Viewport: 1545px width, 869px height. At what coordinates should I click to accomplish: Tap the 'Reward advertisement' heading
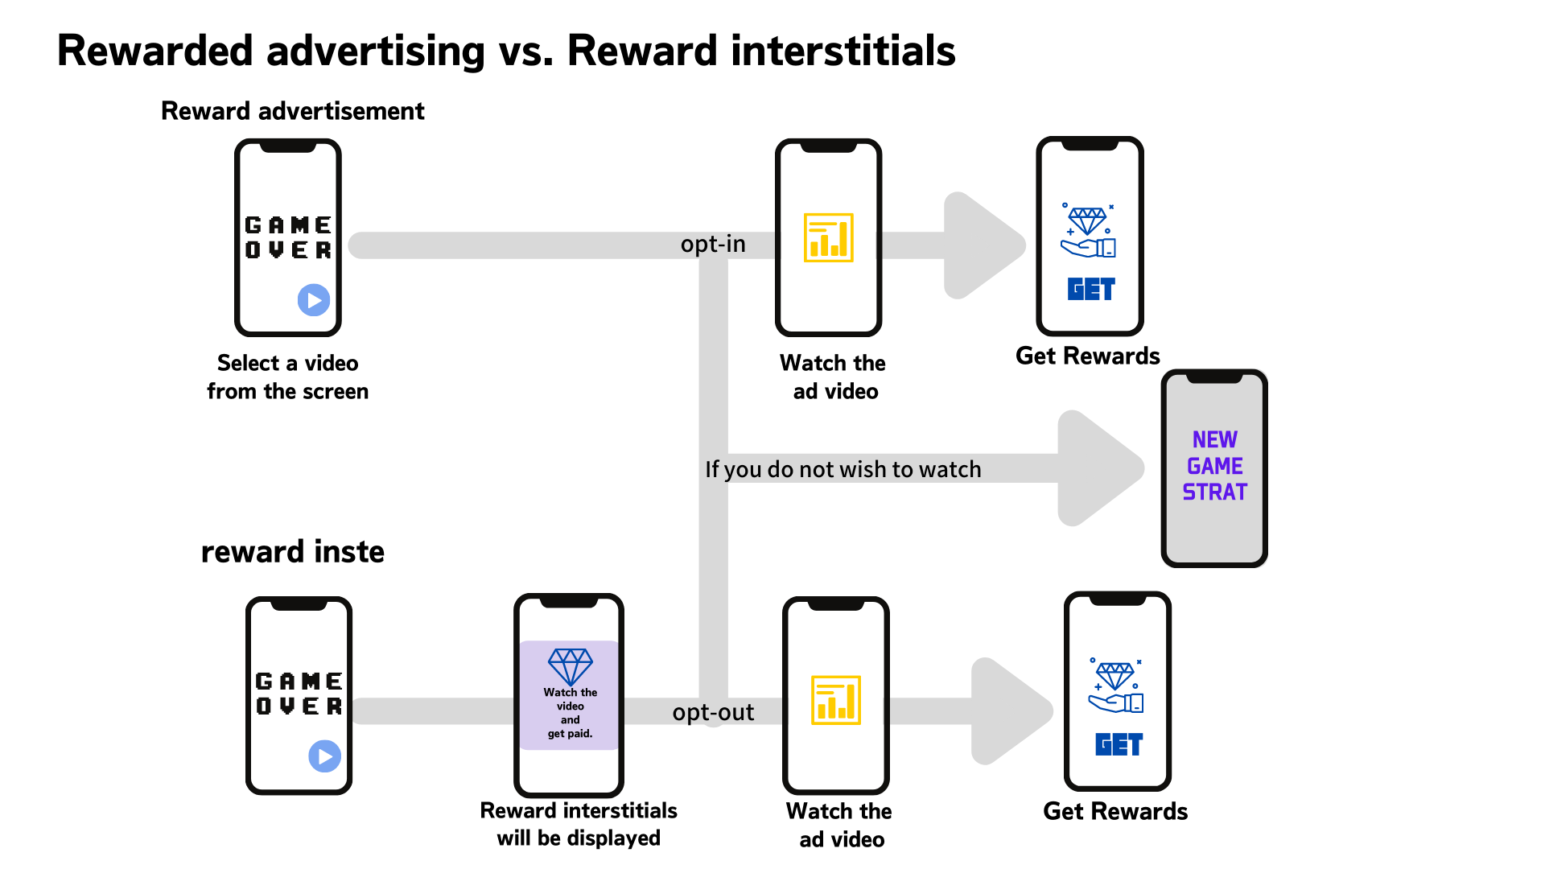pos(292,111)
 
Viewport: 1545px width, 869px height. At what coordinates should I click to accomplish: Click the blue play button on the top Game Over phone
pos(314,300)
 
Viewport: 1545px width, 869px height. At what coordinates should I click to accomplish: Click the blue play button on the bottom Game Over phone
pos(324,756)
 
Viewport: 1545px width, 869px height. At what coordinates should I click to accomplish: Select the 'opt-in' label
pos(713,244)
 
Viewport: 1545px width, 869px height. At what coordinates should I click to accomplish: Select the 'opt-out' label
pos(713,712)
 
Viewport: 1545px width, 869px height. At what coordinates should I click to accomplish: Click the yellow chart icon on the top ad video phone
pos(828,238)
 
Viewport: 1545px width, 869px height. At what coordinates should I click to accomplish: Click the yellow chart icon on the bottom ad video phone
pos(836,700)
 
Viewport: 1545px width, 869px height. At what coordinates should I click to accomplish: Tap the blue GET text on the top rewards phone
pos(1091,289)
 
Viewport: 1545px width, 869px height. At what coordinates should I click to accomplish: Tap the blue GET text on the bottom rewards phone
pos(1119,744)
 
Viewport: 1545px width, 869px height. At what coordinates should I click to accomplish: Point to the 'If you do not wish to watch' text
pos(843,469)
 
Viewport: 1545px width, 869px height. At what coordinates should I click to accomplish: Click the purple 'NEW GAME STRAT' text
pos(1214,466)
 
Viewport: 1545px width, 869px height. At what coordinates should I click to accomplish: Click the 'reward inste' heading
pos(292,552)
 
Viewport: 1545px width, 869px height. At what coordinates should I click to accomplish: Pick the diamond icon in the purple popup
pos(570,666)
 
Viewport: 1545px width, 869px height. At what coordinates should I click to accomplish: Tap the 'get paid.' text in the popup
pos(570,734)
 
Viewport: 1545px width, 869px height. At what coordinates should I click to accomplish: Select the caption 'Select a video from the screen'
pos(287,377)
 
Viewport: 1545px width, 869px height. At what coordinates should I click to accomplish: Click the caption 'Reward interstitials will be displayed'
pos(578,824)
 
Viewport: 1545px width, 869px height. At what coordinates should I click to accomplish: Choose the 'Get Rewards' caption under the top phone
pos(1087,356)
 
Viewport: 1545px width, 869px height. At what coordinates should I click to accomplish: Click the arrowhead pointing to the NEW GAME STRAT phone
pos(1098,468)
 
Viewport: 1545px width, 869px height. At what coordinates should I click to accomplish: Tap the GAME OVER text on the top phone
pos(288,237)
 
